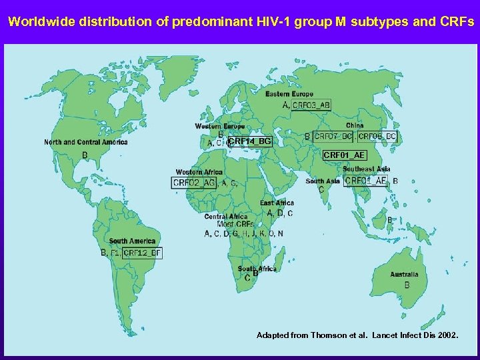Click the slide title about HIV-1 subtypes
click(x=240, y=21)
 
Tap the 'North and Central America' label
click(x=86, y=142)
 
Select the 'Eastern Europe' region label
click(x=289, y=94)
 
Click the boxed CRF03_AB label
click(x=311, y=105)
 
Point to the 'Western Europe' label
click(x=219, y=126)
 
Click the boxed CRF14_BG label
click(x=250, y=141)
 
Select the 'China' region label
click(x=355, y=125)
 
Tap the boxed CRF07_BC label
click(x=333, y=136)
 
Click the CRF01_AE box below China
click(x=344, y=155)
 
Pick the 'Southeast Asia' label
click(x=367, y=169)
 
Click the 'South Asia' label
click(x=323, y=181)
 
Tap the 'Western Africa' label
click(x=199, y=172)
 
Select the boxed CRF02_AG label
click(x=194, y=183)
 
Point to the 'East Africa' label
click(x=277, y=203)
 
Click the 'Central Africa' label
click(x=226, y=216)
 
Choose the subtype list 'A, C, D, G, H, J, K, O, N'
click(x=243, y=233)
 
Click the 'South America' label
click(x=132, y=241)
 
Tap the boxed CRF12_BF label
click(x=143, y=253)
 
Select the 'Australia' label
click(x=405, y=274)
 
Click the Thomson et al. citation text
click(x=357, y=335)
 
